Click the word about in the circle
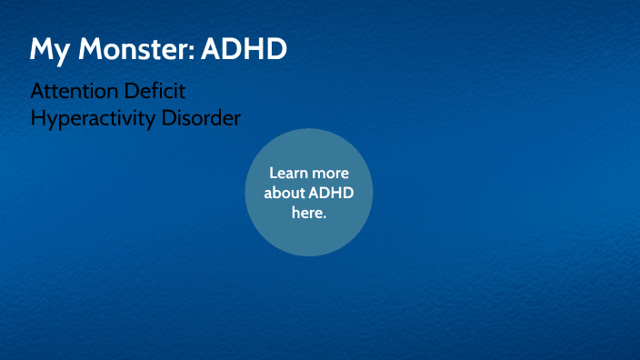pyautogui.click(x=285, y=193)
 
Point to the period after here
pyautogui.click(x=325, y=217)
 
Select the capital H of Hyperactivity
pyautogui.click(x=37, y=118)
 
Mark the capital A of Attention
pyautogui.click(x=37, y=92)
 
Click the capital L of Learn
pyautogui.click(x=274, y=173)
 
